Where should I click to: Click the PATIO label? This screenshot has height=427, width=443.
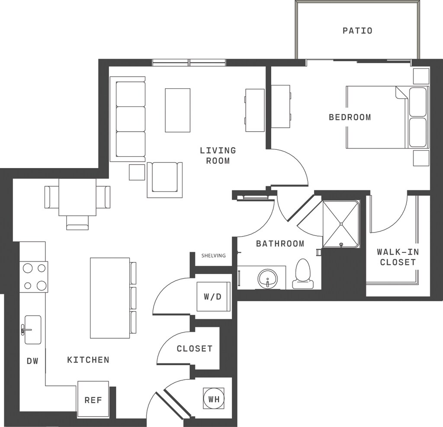(x=357, y=31)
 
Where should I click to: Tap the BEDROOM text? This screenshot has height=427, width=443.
(x=350, y=117)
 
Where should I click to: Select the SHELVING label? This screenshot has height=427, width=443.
(x=214, y=256)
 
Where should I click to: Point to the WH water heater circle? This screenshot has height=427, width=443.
(x=214, y=399)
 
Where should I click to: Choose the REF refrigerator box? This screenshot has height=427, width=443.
(x=93, y=399)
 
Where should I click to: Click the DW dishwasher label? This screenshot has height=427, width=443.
(x=32, y=361)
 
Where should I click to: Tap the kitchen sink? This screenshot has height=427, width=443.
(x=33, y=330)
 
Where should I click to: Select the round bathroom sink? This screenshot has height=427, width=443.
(x=267, y=279)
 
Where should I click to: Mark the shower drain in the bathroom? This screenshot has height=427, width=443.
(x=341, y=244)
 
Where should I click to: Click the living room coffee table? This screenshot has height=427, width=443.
(x=177, y=110)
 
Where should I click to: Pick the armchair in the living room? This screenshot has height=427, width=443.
(x=165, y=180)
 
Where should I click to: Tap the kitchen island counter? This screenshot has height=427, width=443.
(x=110, y=298)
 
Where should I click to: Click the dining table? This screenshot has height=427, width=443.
(x=77, y=197)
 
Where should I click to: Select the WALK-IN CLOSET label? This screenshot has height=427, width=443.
(x=398, y=257)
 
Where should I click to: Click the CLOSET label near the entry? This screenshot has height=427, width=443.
(x=194, y=348)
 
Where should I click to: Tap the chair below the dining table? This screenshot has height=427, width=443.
(x=77, y=223)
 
